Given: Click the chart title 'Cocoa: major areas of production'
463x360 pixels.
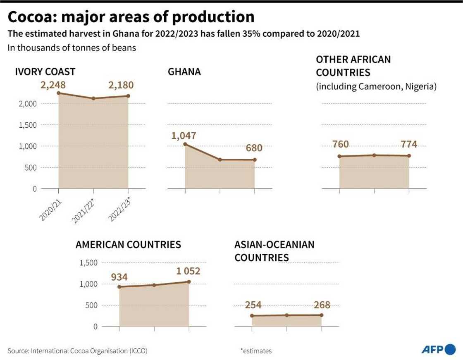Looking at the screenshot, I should pyautogui.click(x=131, y=17).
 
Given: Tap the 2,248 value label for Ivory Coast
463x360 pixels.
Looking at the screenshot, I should pyautogui.click(x=53, y=85).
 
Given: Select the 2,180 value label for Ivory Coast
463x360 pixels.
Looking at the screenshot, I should pyautogui.click(x=121, y=85).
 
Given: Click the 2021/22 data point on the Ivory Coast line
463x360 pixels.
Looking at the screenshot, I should pyautogui.click(x=93, y=98).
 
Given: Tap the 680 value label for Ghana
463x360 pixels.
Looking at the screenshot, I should pyautogui.click(x=254, y=148).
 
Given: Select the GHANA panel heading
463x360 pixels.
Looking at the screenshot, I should pyautogui.click(x=184, y=72).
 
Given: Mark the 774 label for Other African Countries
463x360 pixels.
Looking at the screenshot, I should pyautogui.click(x=408, y=144).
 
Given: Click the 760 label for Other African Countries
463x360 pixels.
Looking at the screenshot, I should pyautogui.click(x=340, y=144).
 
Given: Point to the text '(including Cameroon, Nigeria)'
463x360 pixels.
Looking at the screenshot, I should pyautogui.click(x=376, y=87).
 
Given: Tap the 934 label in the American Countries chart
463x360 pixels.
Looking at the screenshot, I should pyautogui.click(x=119, y=277).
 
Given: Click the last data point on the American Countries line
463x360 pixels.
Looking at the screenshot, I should pyautogui.click(x=189, y=282).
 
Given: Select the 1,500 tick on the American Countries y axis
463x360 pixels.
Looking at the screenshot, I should pyautogui.click(x=88, y=263).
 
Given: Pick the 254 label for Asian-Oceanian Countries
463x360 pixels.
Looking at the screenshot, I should pyautogui.click(x=253, y=305).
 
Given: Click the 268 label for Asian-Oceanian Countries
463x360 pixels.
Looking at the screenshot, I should pyautogui.click(x=322, y=305).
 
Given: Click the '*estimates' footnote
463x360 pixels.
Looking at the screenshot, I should pyautogui.click(x=256, y=350).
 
